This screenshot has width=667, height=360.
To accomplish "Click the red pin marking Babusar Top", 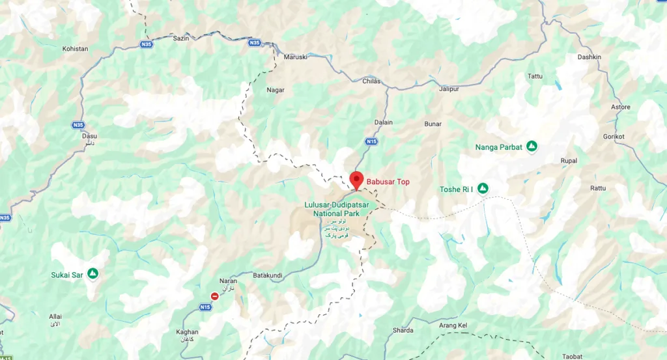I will [356, 179].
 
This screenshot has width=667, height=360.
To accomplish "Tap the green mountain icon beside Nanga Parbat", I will [532, 146].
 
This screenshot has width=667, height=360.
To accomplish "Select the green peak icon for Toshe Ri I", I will [483, 189].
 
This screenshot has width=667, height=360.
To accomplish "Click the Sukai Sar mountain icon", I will [93, 274].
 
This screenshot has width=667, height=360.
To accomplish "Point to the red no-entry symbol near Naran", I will [214, 296].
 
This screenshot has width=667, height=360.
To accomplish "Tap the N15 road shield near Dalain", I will [371, 141].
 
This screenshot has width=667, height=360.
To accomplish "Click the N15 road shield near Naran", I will [205, 307].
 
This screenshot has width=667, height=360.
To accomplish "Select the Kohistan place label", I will [75, 49].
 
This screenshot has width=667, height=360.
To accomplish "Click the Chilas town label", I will [371, 81].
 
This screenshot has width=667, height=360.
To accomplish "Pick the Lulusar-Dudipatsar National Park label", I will [337, 209].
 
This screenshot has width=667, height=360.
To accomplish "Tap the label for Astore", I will [621, 107].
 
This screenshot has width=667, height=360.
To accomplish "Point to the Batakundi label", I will [267, 275].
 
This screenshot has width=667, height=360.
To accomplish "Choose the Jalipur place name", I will [449, 89].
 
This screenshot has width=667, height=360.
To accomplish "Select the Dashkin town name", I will [589, 57].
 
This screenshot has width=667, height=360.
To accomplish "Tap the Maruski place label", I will [295, 57].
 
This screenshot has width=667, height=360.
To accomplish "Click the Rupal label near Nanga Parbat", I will [569, 160].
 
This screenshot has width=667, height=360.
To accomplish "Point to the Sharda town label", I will [403, 330].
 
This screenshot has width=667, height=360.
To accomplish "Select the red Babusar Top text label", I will [388, 182].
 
